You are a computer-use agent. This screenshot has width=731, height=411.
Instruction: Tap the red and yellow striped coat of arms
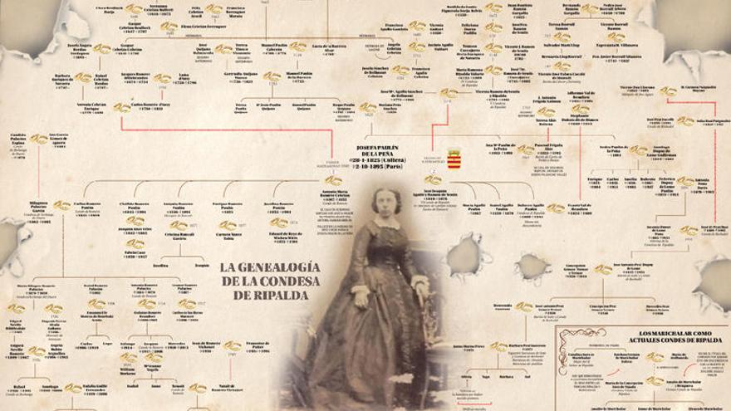tap(454, 159)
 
